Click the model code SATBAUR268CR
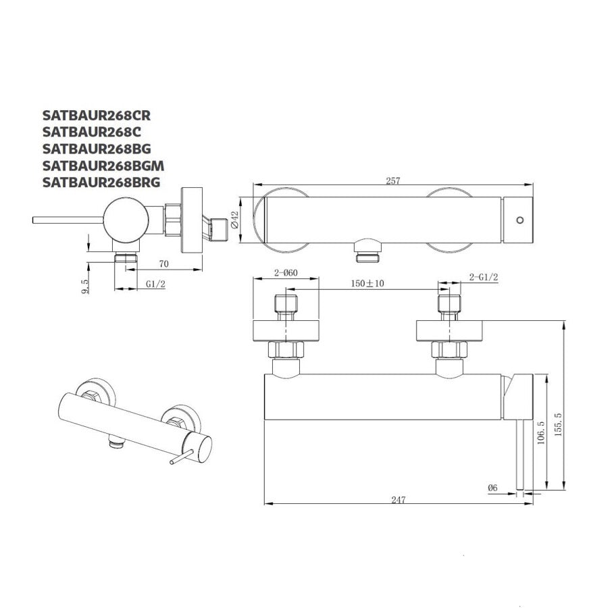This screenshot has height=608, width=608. coord(97,115)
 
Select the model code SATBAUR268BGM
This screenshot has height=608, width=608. coord(103,166)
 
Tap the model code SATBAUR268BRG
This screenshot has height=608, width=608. coord(101,182)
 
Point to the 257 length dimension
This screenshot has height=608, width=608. coord(392,180)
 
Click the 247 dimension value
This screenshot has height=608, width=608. coord(398,500)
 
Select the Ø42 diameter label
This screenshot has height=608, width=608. coord(234,220)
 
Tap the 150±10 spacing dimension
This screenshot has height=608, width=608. coord(368,284)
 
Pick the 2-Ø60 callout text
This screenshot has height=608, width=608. coord(286,273)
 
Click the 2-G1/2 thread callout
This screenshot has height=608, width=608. coord(484,277)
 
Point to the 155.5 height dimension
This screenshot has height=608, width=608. coord(559,425)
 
